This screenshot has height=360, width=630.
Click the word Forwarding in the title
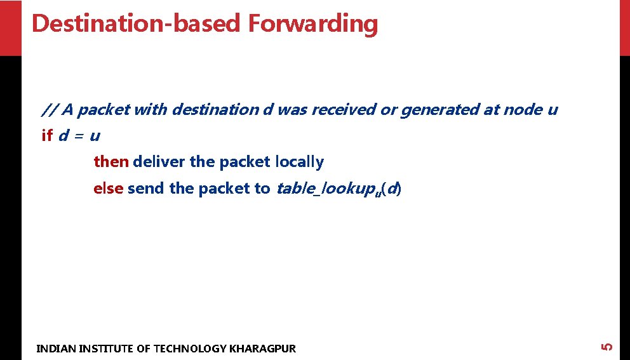coord(313,23)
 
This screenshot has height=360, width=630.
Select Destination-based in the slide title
coord(137,23)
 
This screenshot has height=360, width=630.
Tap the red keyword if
coord(46,136)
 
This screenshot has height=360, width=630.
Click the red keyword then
coord(111,162)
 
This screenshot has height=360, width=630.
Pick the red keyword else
coord(108,189)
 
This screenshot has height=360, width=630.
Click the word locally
coord(299,162)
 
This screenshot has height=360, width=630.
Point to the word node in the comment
coord(523,110)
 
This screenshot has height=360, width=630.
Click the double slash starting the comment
coord(50,110)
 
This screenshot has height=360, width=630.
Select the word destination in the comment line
coord(215,110)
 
